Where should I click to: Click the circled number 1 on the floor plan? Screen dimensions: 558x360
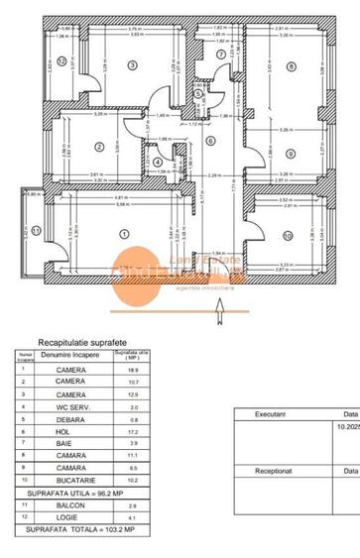123,234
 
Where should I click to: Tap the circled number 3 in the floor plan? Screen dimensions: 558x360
131,65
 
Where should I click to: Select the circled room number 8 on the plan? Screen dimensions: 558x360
291,66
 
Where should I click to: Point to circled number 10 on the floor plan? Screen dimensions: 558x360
287,236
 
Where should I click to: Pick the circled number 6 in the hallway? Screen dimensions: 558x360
210,140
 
